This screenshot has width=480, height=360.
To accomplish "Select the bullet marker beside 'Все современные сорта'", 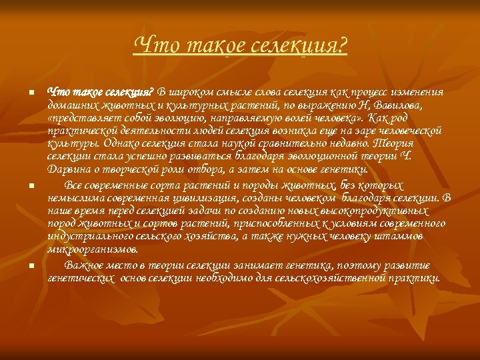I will point(31,186).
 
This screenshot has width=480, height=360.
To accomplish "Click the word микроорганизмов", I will point(93,249).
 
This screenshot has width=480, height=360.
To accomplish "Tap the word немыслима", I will point(75,197).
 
